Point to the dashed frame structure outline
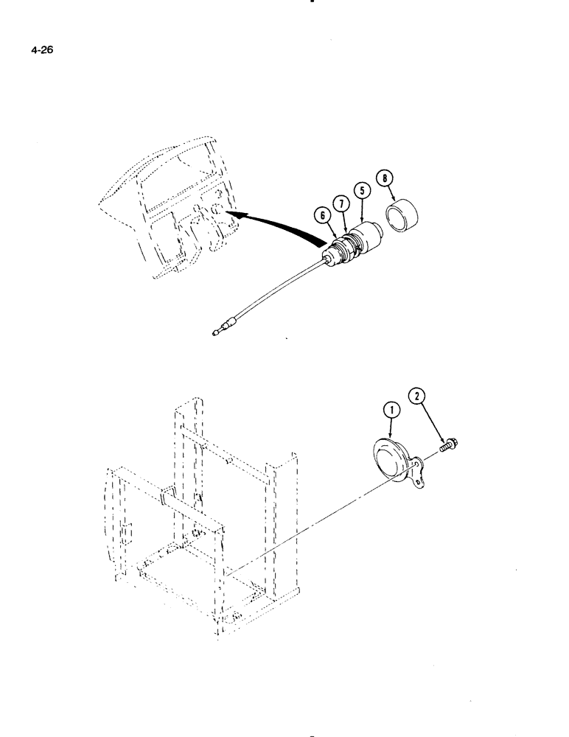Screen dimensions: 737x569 coord(199,516)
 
